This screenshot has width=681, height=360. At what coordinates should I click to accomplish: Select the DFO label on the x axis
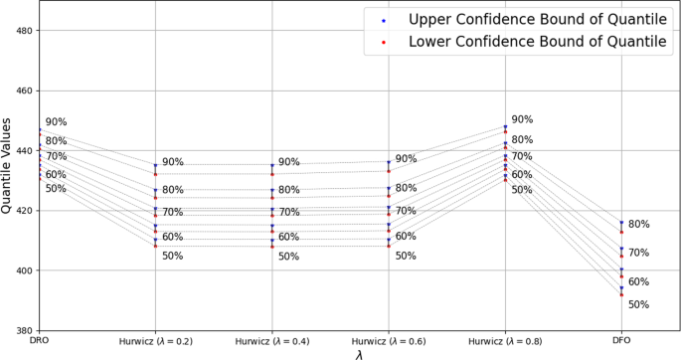click(621, 341)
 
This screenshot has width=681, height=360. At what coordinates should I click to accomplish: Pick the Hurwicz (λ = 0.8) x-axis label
click(504, 341)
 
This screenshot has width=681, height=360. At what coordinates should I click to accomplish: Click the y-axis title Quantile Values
click(9, 167)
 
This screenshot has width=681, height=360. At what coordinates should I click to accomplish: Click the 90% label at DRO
click(56, 122)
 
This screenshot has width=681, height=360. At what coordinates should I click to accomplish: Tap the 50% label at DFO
click(638, 305)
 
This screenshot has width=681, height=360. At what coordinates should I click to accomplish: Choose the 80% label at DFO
click(638, 225)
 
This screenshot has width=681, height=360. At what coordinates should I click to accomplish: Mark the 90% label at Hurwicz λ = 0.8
click(522, 119)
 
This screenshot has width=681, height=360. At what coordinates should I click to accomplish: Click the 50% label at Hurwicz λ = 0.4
click(288, 257)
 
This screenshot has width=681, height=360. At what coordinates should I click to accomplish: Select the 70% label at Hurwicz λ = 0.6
click(406, 211)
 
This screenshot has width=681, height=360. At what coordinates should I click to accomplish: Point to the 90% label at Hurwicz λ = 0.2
click(173, 162)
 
